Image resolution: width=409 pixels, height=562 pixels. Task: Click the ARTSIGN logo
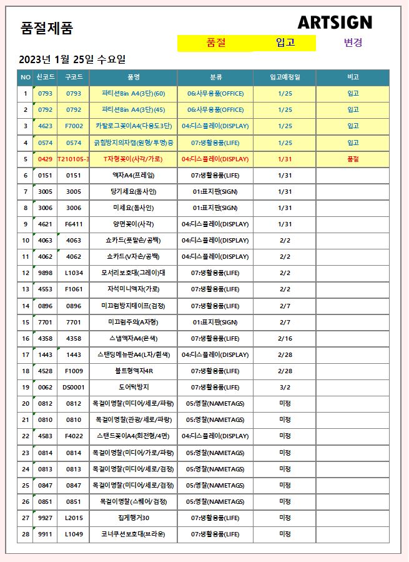pos(335,23)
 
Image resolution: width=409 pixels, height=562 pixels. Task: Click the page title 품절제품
pos(47,28)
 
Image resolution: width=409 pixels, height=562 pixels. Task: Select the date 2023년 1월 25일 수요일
pos(72,60)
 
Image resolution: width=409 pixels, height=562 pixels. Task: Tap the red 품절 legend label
pos(215,43)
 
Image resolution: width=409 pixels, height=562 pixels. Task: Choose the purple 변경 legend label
pos(353,43)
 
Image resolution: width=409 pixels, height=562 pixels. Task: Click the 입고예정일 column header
pos(285,78)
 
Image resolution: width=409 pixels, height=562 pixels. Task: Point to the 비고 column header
pos(352,78)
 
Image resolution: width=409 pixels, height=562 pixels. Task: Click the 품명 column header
pos(133,78)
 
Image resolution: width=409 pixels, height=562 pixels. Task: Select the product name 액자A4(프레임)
pos(133,175)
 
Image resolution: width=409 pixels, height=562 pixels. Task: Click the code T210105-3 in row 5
pos(73,159)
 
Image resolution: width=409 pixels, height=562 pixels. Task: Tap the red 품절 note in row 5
pos(352,159)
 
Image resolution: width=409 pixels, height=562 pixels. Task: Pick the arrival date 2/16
pos(285,338)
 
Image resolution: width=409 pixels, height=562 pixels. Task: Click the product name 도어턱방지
pos(133,387)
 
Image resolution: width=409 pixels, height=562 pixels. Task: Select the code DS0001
pos(73,387)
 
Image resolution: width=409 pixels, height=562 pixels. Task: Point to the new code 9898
pos(45,273)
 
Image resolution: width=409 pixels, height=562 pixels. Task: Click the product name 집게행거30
pos(133,518)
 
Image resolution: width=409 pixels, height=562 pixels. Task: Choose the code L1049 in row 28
pos(73,534)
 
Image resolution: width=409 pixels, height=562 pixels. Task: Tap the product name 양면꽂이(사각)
pos(133,224)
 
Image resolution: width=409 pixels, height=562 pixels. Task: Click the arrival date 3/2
pos(285,387)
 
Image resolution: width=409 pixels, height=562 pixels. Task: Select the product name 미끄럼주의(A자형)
pos(133,322)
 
